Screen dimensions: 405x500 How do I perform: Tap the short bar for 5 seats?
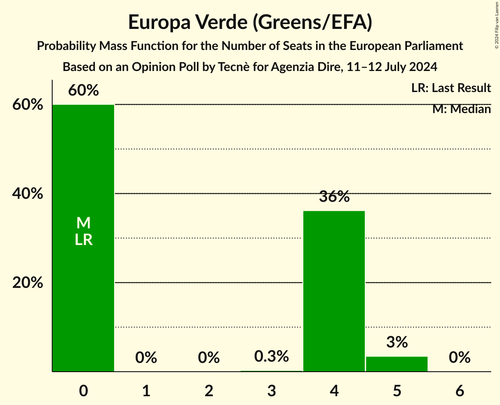pos(397,364)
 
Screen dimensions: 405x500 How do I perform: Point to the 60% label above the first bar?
pos(83,91)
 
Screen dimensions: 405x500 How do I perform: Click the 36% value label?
pos(334,197)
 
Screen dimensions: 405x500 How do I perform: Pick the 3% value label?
pos(397,342)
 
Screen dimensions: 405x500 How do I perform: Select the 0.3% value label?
pos(272,356)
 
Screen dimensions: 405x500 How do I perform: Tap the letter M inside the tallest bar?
pos(83,223)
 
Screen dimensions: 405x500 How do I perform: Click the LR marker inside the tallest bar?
pos(83,240)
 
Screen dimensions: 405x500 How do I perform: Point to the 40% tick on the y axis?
pos(28,194)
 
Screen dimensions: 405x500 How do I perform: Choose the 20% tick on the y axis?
pos(28,283)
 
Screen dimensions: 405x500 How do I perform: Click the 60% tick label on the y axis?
pos(28,105)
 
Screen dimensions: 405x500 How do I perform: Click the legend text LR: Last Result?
pos(451,88)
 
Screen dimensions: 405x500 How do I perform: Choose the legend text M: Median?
pos(461,109)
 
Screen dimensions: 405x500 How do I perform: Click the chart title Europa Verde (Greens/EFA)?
pos(250,22)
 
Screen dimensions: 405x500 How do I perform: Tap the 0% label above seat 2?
pos(209,358)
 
